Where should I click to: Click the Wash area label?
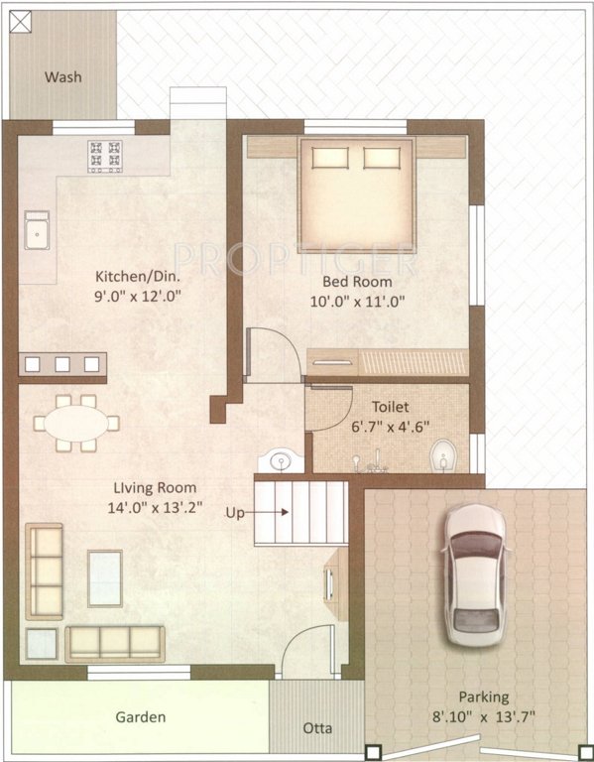coord(61,76)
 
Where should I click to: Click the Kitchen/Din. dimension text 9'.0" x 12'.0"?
coord(139,296)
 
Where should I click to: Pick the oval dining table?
coord(75,423)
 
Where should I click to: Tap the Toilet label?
coord(389,407)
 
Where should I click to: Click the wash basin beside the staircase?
coord(279,461)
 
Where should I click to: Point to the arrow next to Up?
coord(271,513)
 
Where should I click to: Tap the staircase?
coord(301,511)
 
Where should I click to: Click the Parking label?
coord(483,697)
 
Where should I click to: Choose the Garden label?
coord(141,716)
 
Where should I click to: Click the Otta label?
coord(318,729)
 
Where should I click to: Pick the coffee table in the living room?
coord(105,577)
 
